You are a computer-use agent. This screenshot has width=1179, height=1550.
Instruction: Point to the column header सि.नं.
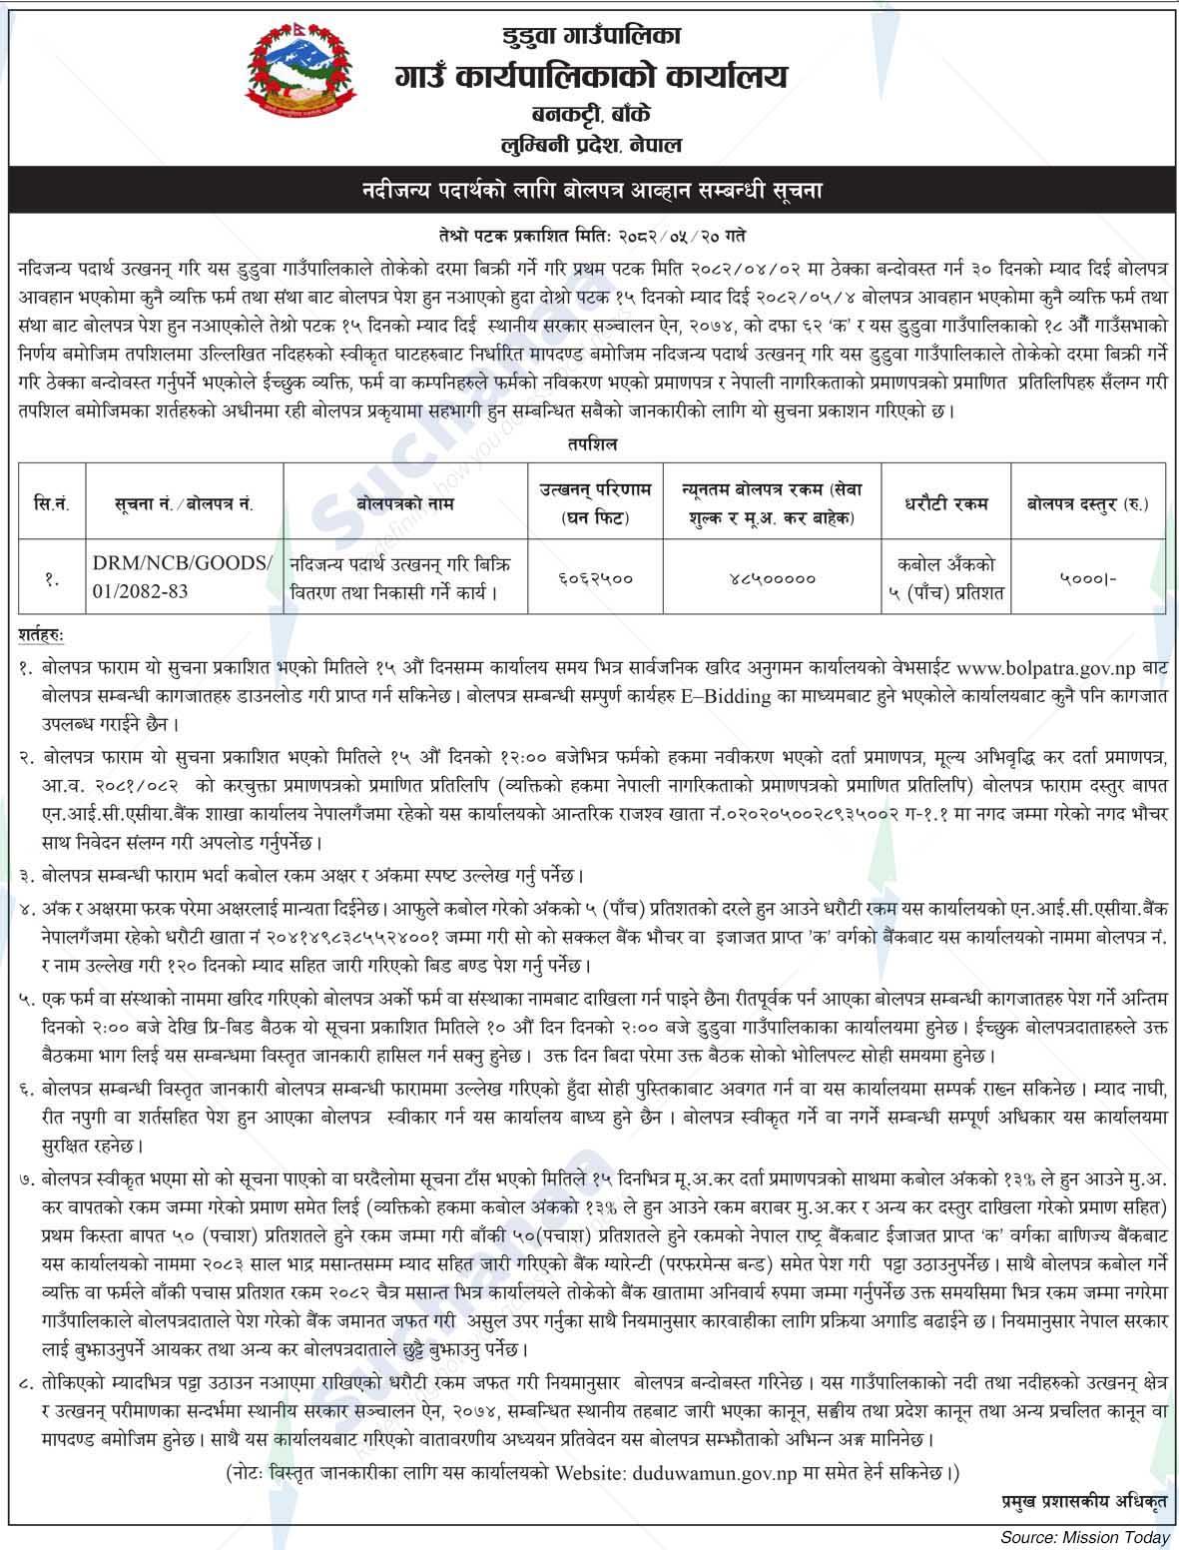pos(50,504)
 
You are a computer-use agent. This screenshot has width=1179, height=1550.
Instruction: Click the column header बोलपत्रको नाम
pos(405,504)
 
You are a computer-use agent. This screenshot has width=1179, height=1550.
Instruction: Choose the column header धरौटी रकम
pos(945,504)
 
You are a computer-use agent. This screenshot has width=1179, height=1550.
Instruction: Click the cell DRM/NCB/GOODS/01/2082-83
pos(182,577)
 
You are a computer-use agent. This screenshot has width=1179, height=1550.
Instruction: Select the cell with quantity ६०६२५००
pos(596,578)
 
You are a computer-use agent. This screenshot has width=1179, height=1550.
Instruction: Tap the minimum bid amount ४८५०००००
pos(772,578)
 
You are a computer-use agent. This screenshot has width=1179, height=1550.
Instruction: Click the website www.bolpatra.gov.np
pos(1044,665)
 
